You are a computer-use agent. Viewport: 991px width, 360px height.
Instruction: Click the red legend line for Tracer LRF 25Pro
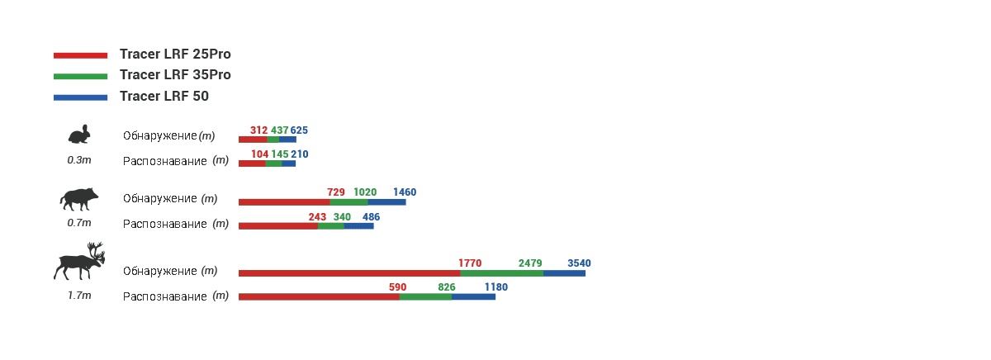pos(81,55)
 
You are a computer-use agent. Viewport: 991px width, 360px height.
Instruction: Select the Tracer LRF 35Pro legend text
pos(175,75)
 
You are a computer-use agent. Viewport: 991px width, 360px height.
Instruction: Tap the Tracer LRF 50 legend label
pos(164,96)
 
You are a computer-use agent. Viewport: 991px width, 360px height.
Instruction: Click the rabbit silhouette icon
pos(79,134)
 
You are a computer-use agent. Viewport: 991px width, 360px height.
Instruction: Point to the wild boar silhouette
pos(78,199)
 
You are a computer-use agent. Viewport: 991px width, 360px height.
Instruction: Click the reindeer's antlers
pos(96,252)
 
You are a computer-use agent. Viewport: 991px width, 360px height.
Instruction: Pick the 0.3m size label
pos(79,160)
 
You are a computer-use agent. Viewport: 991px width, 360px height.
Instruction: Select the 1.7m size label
pos(79,296)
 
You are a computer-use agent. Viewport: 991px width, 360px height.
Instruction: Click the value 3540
pos(579,263)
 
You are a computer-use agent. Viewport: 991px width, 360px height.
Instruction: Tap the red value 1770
pos(470,263)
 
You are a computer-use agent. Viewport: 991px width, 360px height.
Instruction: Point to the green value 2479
pos(530,263)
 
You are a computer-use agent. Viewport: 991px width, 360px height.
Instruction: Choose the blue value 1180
pos(496,287)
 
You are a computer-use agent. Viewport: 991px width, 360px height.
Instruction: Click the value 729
pos(336,192)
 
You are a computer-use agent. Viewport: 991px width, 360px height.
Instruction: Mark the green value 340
pos(342,217)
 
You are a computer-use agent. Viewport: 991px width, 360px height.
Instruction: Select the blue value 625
pos(299,130)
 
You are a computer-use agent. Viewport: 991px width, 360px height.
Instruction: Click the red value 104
pos(259,154)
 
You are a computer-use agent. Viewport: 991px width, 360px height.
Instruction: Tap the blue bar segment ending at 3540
pos(564,273)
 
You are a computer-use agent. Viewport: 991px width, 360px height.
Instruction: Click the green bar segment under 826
pos(425,296)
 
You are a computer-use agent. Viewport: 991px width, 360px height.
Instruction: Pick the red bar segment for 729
pos(284,202)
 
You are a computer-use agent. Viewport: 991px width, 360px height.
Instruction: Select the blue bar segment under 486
pos(358,226)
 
